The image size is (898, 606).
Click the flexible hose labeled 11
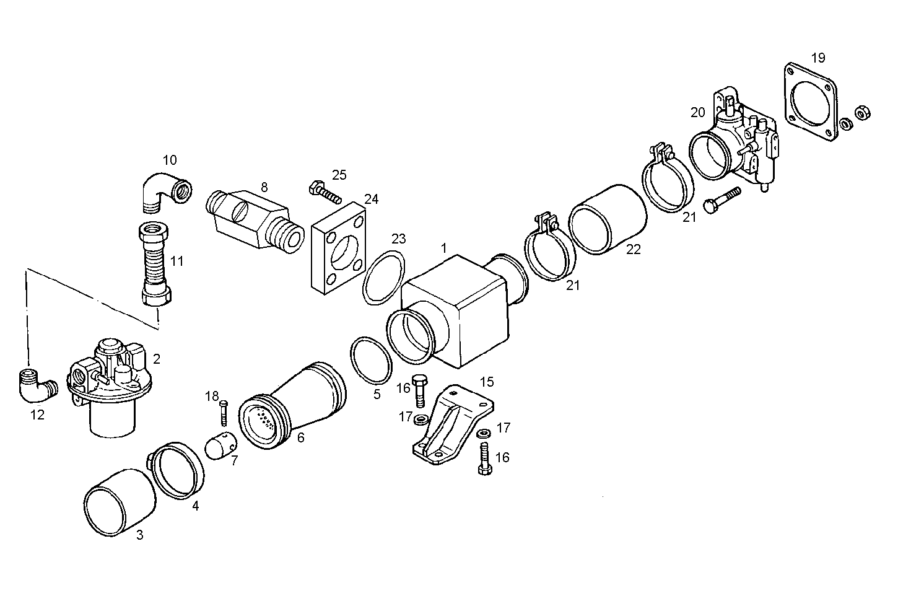(155, 264)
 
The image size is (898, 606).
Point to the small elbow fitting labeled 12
(37, 386)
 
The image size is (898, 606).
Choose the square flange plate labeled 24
(337, 248)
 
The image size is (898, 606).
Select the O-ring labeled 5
(370, 361)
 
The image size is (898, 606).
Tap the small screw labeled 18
(224, 413)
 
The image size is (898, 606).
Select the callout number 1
(443, 248)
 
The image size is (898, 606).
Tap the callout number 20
(698, 112)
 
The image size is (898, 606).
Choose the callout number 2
(157, 359)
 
